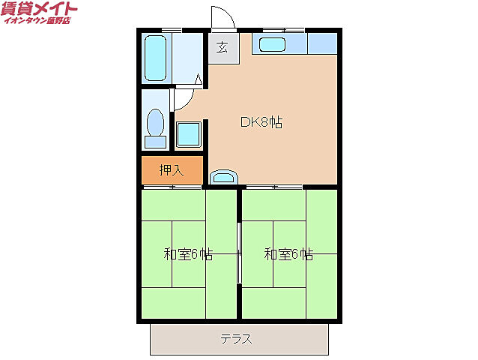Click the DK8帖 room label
(x=261, y=122)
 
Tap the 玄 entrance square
(x=223, y=48)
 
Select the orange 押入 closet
(x=172, y=170)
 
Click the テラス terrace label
(x=236, y=339)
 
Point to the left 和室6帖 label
(x=188, y=254)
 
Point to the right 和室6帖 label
(x=288, y=254)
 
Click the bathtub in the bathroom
(x=157, y=57)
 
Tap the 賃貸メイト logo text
(x=39, y=10)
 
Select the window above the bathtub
(x=172, y=29)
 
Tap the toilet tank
(x=156, y=140)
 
